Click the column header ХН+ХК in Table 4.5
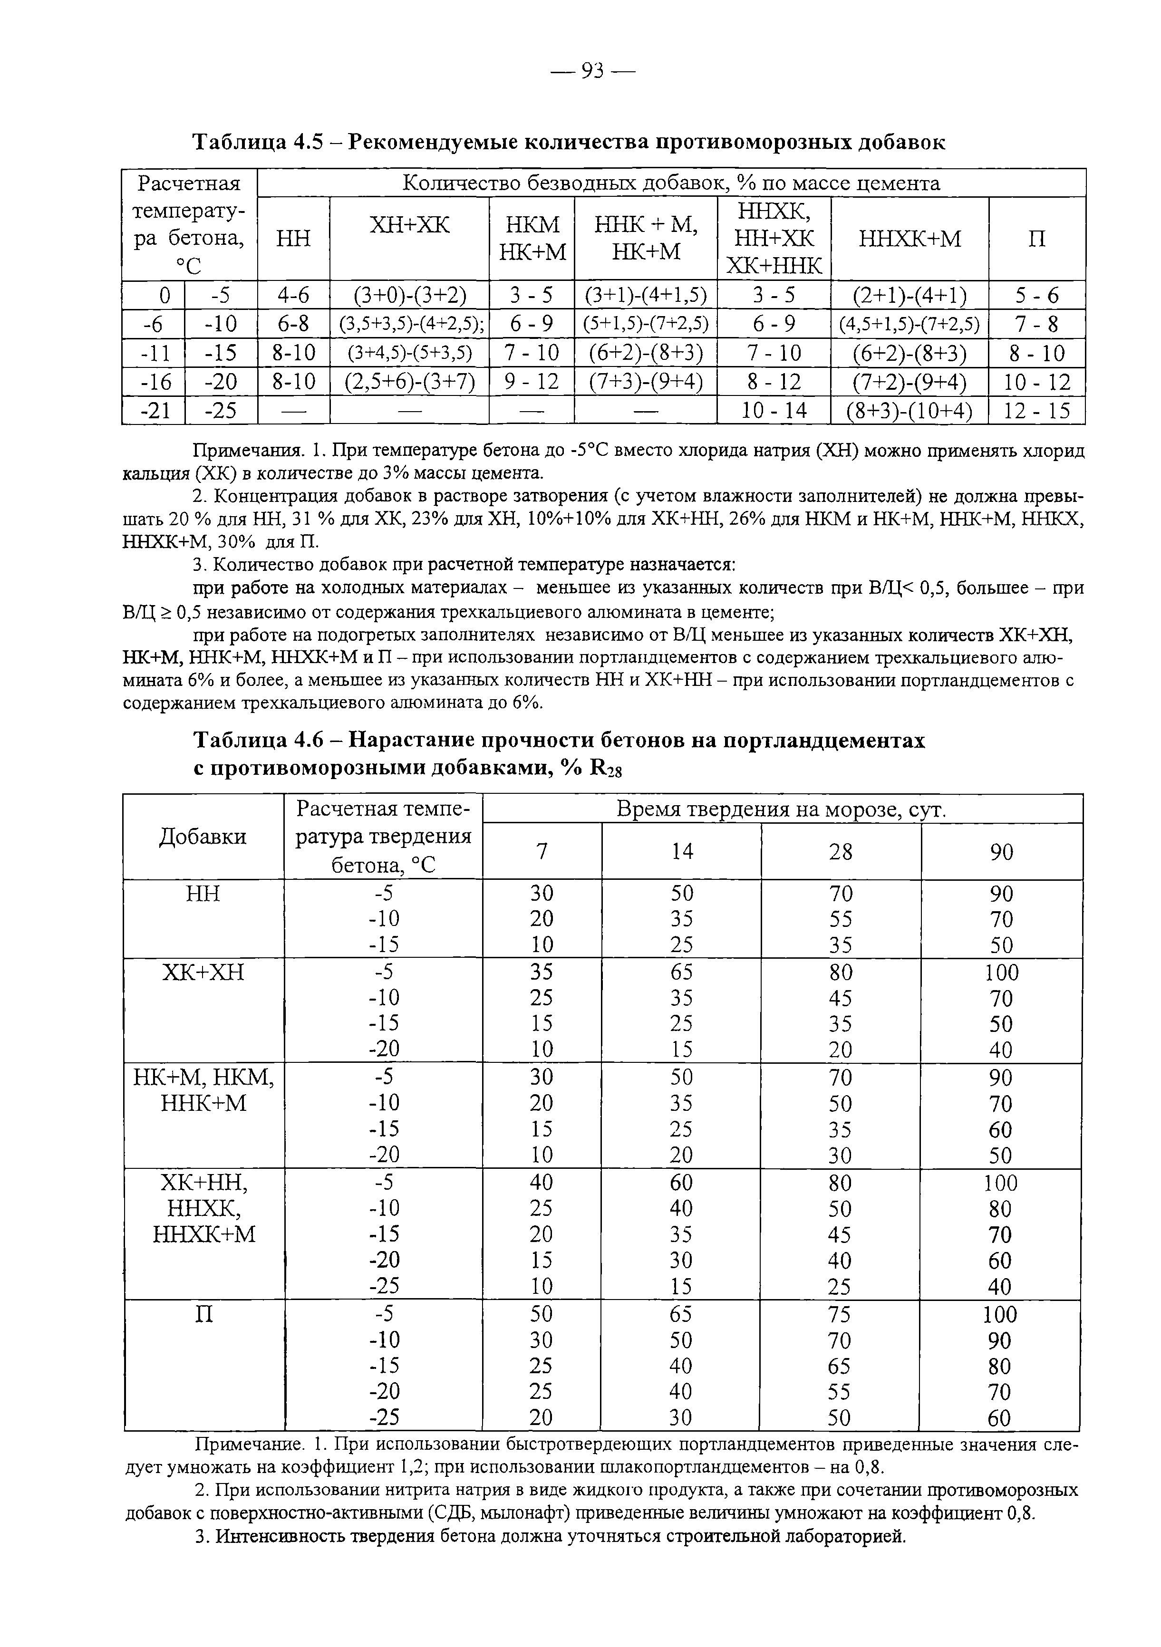pos(409,225)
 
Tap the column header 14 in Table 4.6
pos(682,851)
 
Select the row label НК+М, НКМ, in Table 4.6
pos(204,1078)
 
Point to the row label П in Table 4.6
pos(204,1314)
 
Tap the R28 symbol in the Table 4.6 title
pos(604,768)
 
